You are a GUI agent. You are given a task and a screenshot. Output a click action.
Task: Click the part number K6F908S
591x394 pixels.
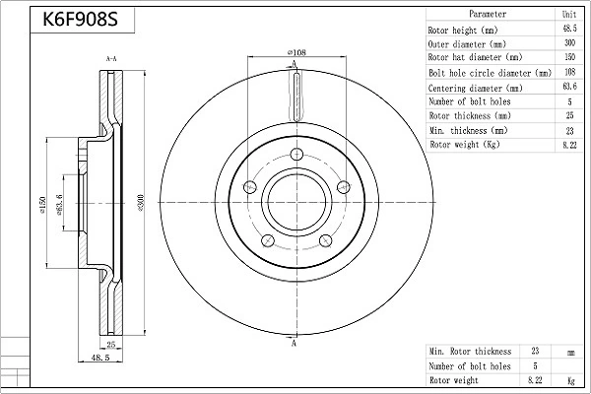(x=82, y=19)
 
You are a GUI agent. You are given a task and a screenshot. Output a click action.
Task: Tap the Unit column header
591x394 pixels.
(x=569, y=15)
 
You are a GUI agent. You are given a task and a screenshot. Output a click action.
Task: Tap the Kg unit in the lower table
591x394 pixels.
(x=569, y=379)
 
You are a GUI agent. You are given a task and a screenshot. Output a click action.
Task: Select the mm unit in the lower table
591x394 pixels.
(x=569, y=351)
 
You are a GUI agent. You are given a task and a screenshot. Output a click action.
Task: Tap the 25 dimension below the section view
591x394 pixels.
(x=111, y=345)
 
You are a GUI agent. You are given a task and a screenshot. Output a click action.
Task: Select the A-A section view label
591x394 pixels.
(x=111, y=60)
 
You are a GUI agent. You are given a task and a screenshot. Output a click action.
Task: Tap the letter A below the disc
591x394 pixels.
(x=295, y=342)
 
